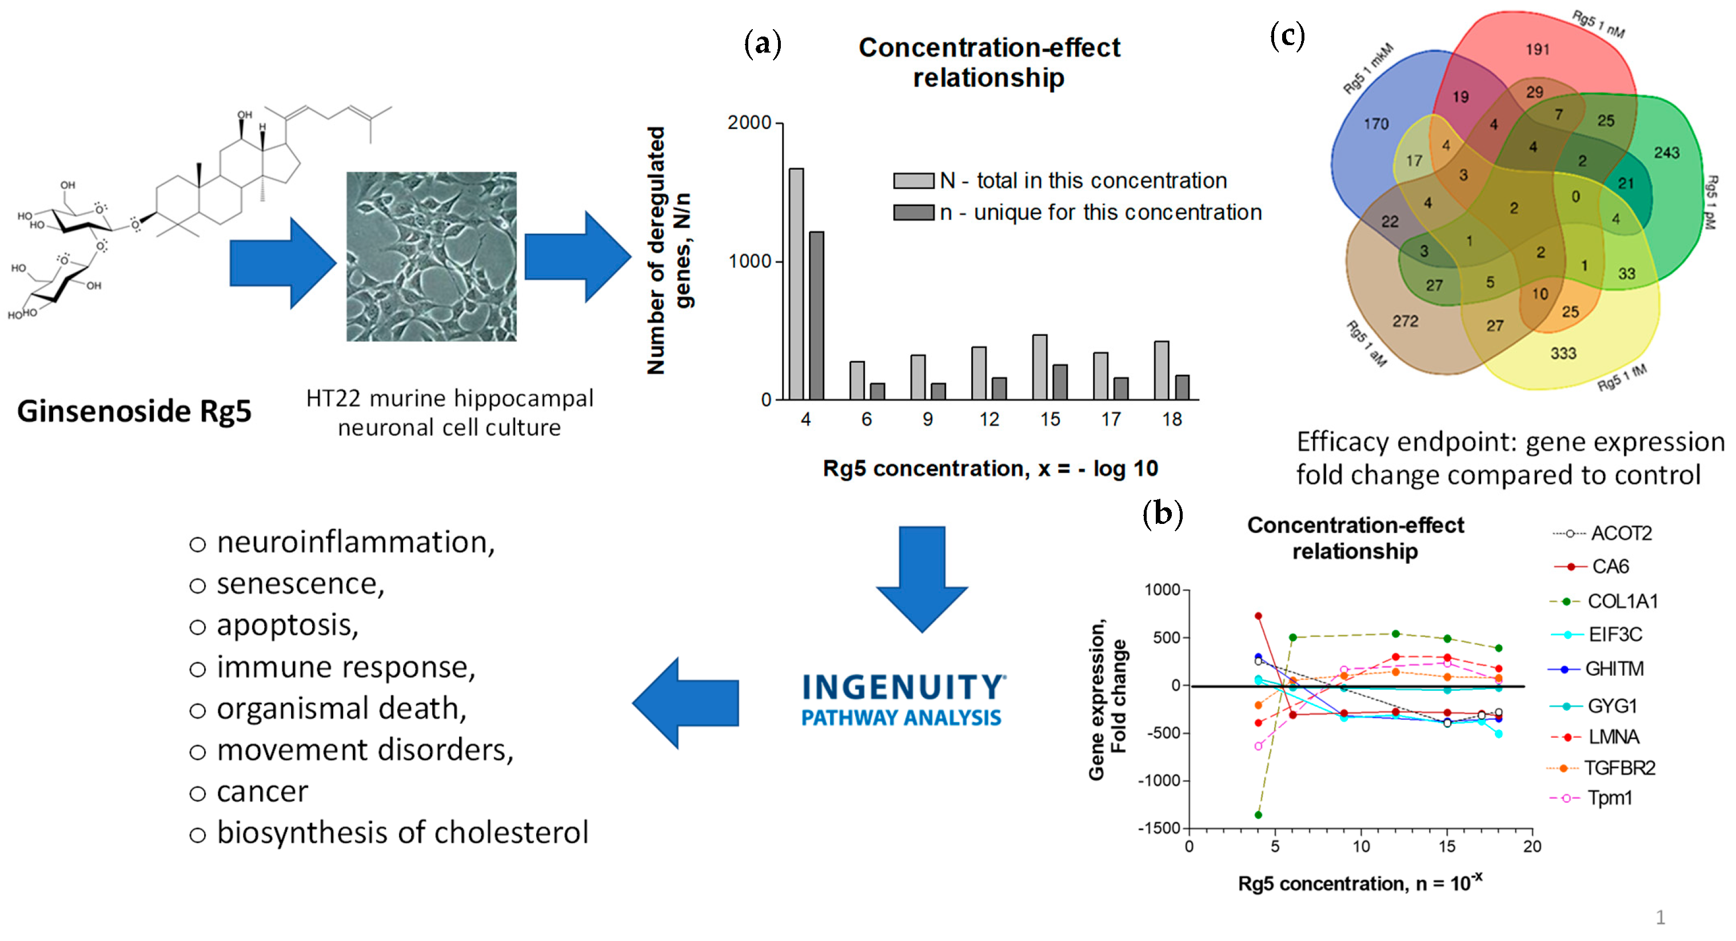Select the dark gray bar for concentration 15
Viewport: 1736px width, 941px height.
1060,382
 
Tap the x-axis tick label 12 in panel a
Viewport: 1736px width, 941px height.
989,419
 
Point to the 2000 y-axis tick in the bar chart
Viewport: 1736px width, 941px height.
749,123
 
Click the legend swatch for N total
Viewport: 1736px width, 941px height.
913,181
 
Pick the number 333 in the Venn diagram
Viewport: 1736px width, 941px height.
1563,353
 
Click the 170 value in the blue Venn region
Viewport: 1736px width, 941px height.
1375,124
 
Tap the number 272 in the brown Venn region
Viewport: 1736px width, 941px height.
1405,321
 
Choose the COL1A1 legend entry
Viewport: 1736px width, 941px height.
1622,601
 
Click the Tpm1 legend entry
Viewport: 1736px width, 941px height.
1609,798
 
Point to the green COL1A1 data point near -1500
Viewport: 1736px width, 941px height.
1258,815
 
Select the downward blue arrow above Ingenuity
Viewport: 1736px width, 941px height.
922,579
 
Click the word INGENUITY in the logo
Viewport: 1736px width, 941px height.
903,688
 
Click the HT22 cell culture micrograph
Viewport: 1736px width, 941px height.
432,257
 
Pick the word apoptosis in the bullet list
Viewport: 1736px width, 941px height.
286,625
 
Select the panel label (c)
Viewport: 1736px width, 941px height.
1287,35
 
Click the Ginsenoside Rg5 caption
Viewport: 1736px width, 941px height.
134,411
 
